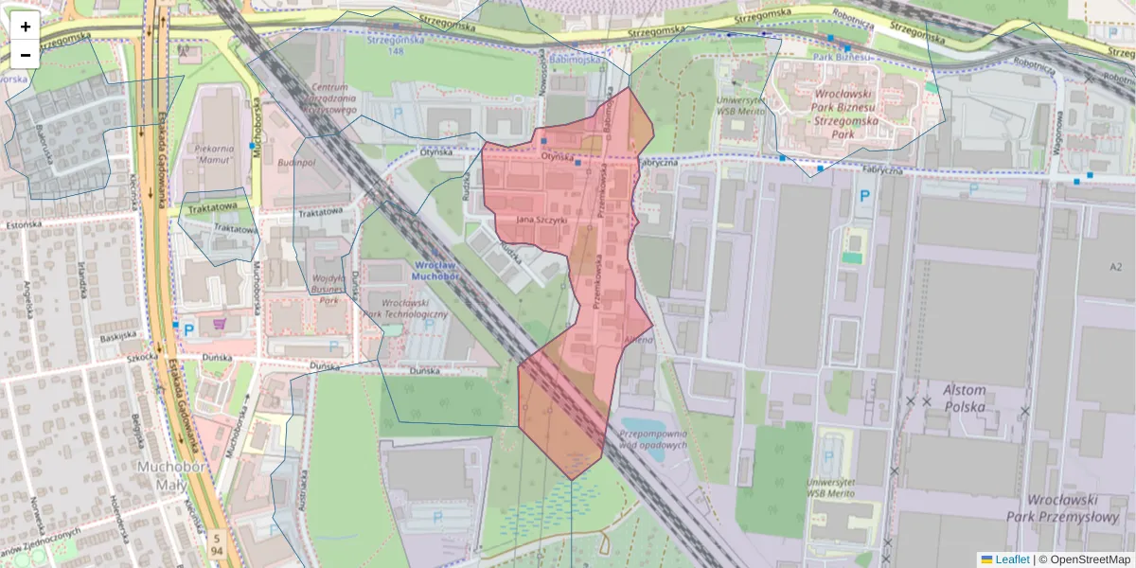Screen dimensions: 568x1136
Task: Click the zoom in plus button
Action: (26, 27)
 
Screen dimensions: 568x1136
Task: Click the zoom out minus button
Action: (26, 55)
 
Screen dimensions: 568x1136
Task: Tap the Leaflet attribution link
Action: (1012, 559)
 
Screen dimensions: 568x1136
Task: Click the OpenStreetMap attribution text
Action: (1084, 559)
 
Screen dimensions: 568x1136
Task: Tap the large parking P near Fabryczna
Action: (863, 198)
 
